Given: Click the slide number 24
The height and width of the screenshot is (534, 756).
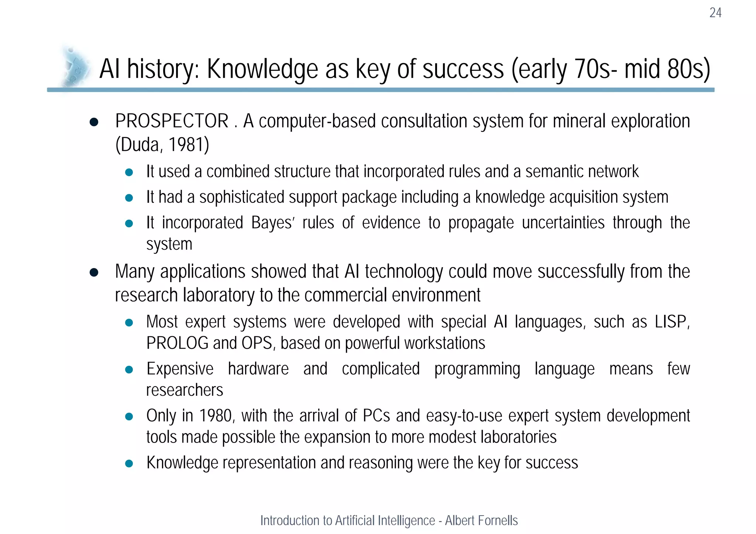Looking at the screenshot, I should point(715,13).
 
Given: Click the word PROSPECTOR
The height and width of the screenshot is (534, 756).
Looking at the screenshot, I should point(172,121).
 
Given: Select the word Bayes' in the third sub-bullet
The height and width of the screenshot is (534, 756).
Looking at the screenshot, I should point(272,223).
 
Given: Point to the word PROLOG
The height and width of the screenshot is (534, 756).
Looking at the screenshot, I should point(177,343).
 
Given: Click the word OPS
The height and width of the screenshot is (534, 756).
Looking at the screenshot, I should point(257,343).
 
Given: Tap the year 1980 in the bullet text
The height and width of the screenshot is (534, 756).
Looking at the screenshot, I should point(216,416).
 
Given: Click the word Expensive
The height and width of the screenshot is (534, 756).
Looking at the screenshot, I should point(180,369).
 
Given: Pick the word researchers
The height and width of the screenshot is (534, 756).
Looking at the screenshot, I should point(185,390).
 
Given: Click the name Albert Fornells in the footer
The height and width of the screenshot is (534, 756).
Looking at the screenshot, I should point(481,520).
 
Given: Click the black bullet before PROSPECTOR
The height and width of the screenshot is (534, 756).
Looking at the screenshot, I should point(94,122).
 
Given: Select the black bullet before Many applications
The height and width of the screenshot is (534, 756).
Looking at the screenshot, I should point(94,273).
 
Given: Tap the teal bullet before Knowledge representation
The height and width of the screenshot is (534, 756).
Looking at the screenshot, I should point(129,464).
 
